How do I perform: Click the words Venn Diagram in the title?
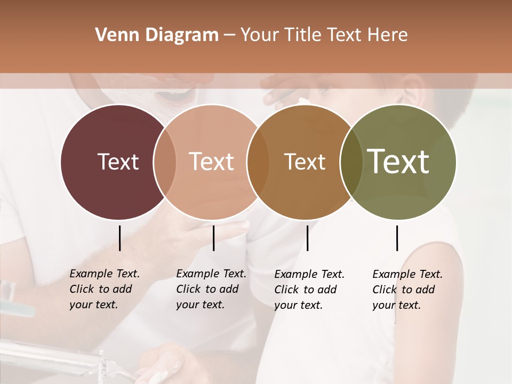(157, 35)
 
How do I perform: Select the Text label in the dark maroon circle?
(118, 162)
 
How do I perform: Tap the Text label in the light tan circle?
(211, 162)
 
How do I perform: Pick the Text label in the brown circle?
(305, 162)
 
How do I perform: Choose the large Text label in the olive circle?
(398, 161)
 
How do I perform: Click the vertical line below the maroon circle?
(119, 238)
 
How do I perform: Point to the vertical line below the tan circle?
(213, 238)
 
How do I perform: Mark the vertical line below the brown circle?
(307, 238)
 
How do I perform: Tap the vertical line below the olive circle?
(397, 238)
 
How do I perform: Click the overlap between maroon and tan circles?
(165, 162)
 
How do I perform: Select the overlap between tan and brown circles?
(258, 162)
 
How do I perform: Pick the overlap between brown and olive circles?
(351, 162)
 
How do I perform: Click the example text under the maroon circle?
(104, 289)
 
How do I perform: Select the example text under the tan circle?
(211, 289)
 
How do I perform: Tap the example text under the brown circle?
(309, 290)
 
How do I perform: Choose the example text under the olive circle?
(407, 290)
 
